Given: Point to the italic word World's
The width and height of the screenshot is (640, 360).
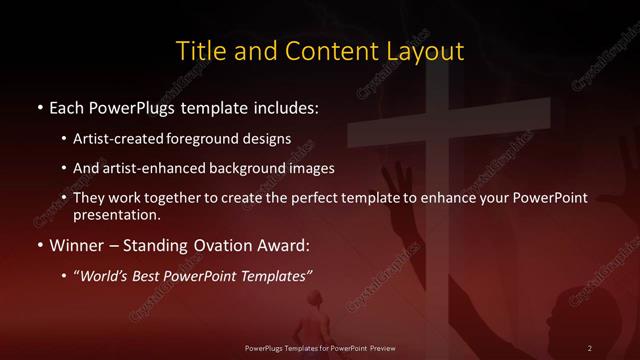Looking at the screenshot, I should (x=106, y=275).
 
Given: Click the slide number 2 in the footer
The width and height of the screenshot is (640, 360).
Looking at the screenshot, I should (x=590, y=347).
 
